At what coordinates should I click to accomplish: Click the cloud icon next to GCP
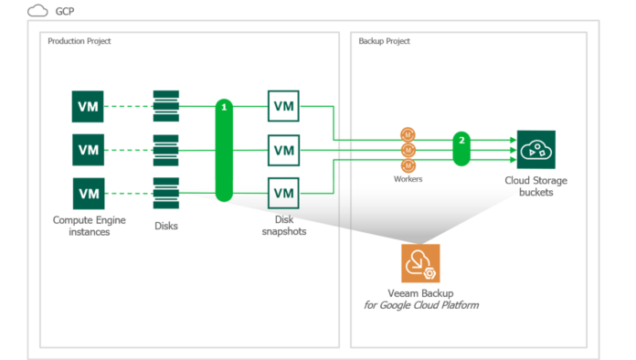coord(38,11)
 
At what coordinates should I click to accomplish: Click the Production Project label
coord(79,41)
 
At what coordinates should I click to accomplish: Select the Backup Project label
coord(384,41)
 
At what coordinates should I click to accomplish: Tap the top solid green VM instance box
coord(89,106)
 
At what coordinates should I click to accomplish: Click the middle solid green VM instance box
coord(89,149)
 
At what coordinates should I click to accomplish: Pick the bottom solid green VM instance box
coord(89,193)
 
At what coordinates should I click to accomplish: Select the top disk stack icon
coord(165,106)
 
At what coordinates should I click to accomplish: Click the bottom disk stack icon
coord(165,193)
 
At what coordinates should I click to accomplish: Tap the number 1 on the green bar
coord(224,109)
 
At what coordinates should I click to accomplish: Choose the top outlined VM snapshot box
coord(283,106)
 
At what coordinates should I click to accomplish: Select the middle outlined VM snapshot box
coord(283,149)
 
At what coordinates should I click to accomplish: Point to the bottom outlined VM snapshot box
coord(283,193)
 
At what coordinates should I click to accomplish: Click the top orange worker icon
coord(408,134)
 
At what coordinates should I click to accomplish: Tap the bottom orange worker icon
coord(408,164)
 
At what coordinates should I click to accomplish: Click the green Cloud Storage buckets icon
coord(535,149)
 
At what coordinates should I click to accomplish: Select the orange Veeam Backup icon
coord(420,262)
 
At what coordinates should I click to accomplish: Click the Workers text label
coord(408,179)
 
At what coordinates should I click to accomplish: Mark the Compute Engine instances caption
coord(89,225)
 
